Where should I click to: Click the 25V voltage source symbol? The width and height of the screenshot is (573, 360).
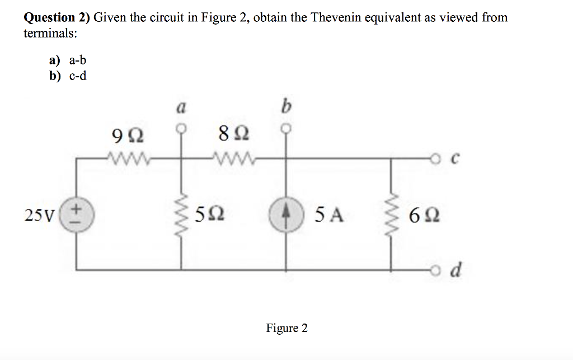(x=76, y=214)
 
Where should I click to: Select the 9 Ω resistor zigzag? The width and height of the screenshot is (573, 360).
(x=128, y=159)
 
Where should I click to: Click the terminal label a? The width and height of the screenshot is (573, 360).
(x=181, y=108)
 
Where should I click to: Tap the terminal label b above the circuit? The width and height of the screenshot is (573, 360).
(x=287, y=106)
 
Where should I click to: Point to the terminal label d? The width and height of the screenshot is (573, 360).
(x=456, y=271)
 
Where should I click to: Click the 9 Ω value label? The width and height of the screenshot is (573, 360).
(x=127, y=135)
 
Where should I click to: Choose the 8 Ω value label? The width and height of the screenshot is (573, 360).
(x=233, y=135)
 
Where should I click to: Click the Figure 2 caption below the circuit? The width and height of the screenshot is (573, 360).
(x=286, y=328)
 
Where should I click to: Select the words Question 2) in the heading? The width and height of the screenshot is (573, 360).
(x=57, y=17)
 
